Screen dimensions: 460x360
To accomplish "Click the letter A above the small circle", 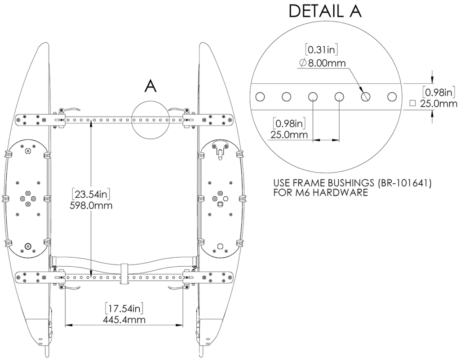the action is (x=150, y=86).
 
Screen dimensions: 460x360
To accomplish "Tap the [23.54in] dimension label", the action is (x=92, y=194).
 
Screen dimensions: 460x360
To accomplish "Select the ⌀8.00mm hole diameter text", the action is (x=322, y=63).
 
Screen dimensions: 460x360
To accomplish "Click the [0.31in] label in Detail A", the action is (x=321, y=49).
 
